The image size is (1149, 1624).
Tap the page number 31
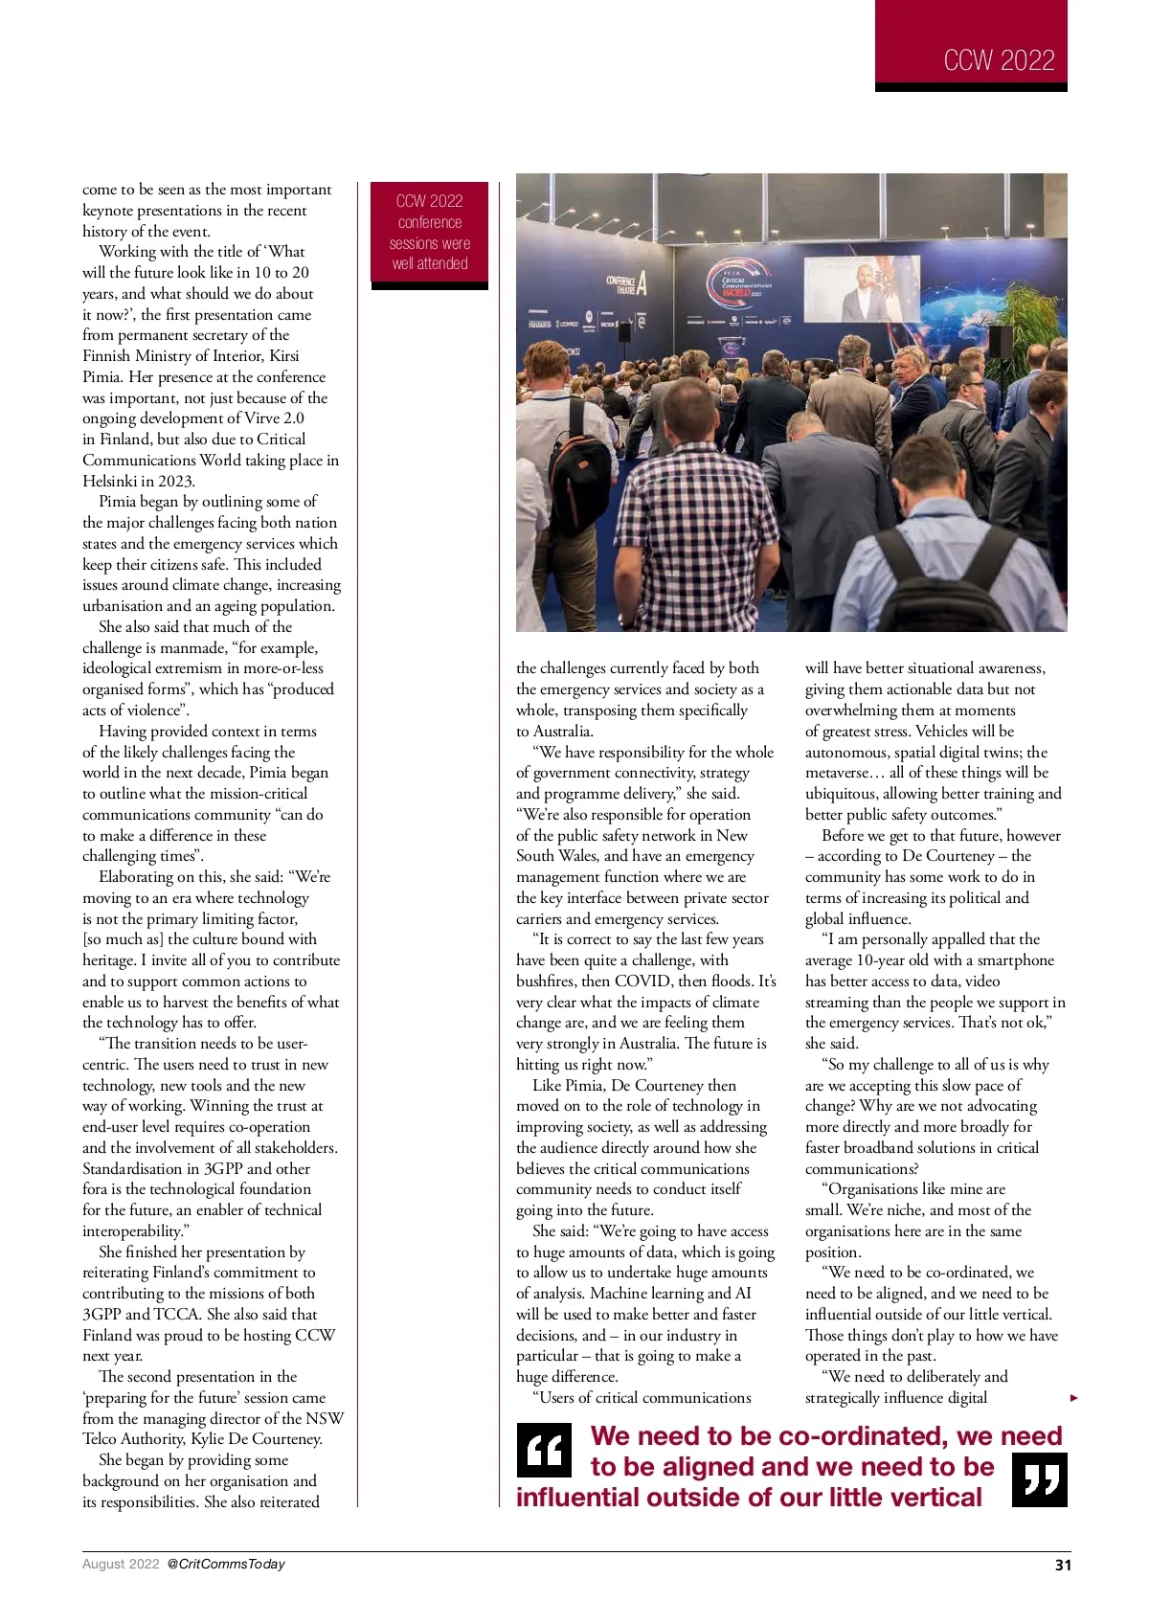click(x=1063, y=1565)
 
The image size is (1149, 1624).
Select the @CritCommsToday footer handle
click(x=226, y=1564)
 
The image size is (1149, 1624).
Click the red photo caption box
click(x=429, y=233)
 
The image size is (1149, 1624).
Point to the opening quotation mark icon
click(x=544, y=1451)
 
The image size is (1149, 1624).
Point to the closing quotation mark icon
click(x=1039, y=1479)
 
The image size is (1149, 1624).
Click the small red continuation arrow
click(x=1073, y=1398)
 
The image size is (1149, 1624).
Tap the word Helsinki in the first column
click(x=113, y=481)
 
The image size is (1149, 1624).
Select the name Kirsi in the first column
click(x=283, y=356)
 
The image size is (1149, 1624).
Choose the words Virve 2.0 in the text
click(x=268, y=418)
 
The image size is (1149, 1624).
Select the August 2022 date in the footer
click(x=121, y=1564)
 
